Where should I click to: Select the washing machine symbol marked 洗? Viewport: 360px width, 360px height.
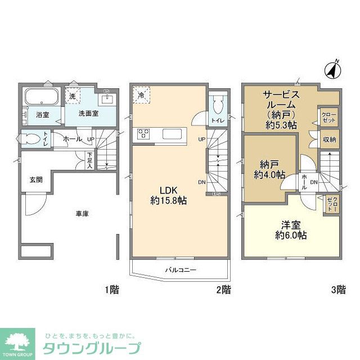[72, 96]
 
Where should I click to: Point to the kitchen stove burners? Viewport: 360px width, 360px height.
[143, 134]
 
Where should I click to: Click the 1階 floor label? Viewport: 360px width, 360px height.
[111, 290]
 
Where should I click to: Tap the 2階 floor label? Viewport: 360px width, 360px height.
[223, 290]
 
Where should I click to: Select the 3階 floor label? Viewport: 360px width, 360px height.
[337, 290]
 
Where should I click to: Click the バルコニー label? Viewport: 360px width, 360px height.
[181, 270]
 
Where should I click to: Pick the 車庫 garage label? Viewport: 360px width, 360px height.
[83, 214]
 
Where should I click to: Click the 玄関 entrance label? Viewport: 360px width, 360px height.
[36, 180]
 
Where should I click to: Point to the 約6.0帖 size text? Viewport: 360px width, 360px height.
[291, 235]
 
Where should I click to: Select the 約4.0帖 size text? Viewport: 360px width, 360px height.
[269, 174]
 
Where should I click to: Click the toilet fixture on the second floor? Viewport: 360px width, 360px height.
[219, 105]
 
